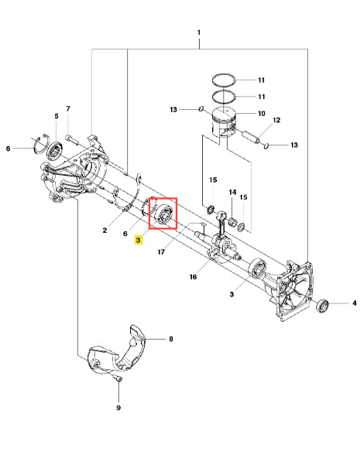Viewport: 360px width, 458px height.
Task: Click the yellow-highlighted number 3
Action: [138, 240]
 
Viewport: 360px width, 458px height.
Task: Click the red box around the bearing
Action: [149, 214]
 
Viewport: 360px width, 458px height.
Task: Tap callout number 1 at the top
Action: [199, 32]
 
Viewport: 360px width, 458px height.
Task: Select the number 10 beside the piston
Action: [261, 113]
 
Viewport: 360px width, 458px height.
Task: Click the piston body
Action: [224, 123]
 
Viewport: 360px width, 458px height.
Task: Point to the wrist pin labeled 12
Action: [251, 137]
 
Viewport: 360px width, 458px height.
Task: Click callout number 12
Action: [276, 120]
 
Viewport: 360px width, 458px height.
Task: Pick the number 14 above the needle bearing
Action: [232, 192]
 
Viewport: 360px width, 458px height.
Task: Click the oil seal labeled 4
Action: [323, 306]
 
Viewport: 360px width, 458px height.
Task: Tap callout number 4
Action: [355, 303]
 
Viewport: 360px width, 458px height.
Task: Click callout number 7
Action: [68, 108]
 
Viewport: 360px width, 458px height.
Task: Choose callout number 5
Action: [57, 116]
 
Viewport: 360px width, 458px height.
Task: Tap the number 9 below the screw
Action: [118, 408]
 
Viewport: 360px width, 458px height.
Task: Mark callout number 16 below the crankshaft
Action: [193, 277]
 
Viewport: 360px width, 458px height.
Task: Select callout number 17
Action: [161, 251]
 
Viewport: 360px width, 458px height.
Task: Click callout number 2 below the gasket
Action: [105, 231]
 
